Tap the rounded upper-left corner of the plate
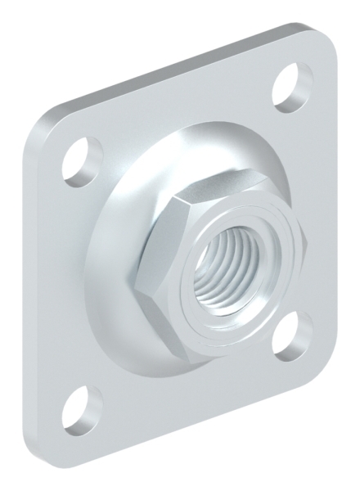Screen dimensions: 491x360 (x=45, y=123)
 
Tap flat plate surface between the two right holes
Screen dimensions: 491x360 (x=315, y=205)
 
